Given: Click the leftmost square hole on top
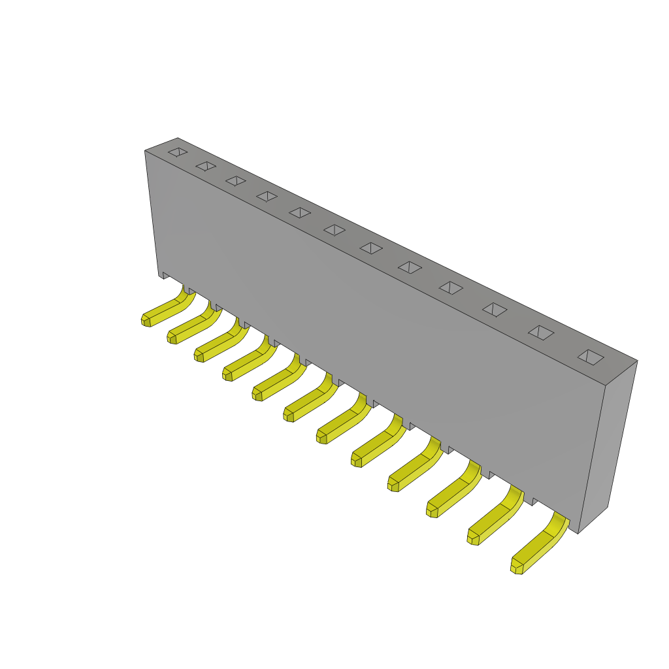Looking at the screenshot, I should tap(178, 152).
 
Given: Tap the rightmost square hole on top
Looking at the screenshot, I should tap(591, 357).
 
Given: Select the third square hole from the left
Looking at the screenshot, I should tap(236, 181).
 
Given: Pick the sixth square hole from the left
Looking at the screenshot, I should tap(334, 230).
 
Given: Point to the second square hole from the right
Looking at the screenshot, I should tap(541, 333).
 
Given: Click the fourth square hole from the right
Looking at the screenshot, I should tap(451, 287).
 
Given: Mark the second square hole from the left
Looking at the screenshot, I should tap(206, 166).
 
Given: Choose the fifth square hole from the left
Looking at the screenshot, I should tap(300, 212).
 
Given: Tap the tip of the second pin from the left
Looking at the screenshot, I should tap(172, 338).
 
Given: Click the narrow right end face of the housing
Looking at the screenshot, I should tap(608, 444).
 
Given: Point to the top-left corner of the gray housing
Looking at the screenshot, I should tap(146, 152).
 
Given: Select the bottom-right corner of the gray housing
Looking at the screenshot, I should tap(578, 532).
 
